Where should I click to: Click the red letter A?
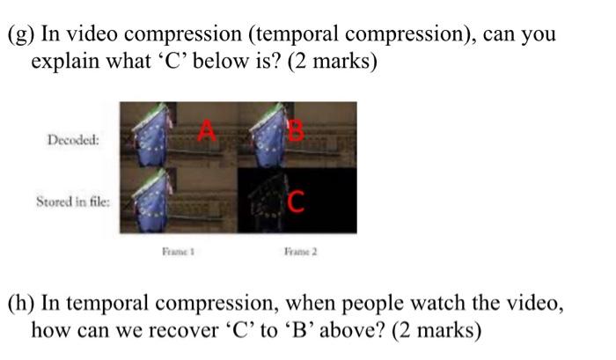point(207,131)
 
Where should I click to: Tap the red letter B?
point(296,131)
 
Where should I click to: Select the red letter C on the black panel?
point(296,202)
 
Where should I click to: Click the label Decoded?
point(74,139)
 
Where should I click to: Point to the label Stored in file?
point(73,202)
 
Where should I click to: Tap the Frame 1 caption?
point(179,250)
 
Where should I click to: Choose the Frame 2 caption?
point(300,250)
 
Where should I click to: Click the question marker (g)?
point(20,35)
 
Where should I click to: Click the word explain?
point(66,63)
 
